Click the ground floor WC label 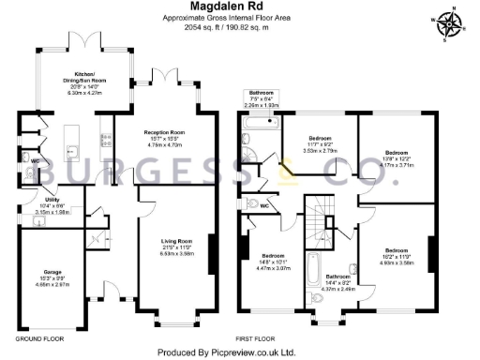click(x=34, y=160)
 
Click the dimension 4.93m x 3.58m click(x=397, y=262)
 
